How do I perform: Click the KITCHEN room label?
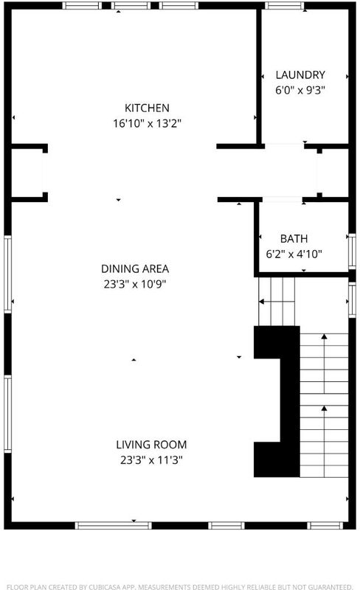pos(147,108)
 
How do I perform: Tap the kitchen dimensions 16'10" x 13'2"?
pos(148,123)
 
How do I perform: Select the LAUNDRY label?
pos(300,75)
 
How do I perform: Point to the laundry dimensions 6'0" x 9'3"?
pos(300,90)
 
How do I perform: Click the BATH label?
pos(294,238)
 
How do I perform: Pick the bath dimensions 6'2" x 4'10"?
pos(294,254)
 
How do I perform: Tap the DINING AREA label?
pos(135,268)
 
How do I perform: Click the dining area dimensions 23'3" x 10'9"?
pos(135,284)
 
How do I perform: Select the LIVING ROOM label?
pos(151,445)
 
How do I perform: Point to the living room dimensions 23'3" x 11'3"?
pos(151,460)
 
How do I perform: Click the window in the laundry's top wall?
pos(284,6)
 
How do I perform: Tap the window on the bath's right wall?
pos(352,251)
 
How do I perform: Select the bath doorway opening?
pos(283,199)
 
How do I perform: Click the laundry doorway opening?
pos(284,146)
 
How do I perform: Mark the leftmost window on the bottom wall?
pos(113,525)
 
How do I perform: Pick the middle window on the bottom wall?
pos(226,525)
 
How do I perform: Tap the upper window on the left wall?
pos(7,274)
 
